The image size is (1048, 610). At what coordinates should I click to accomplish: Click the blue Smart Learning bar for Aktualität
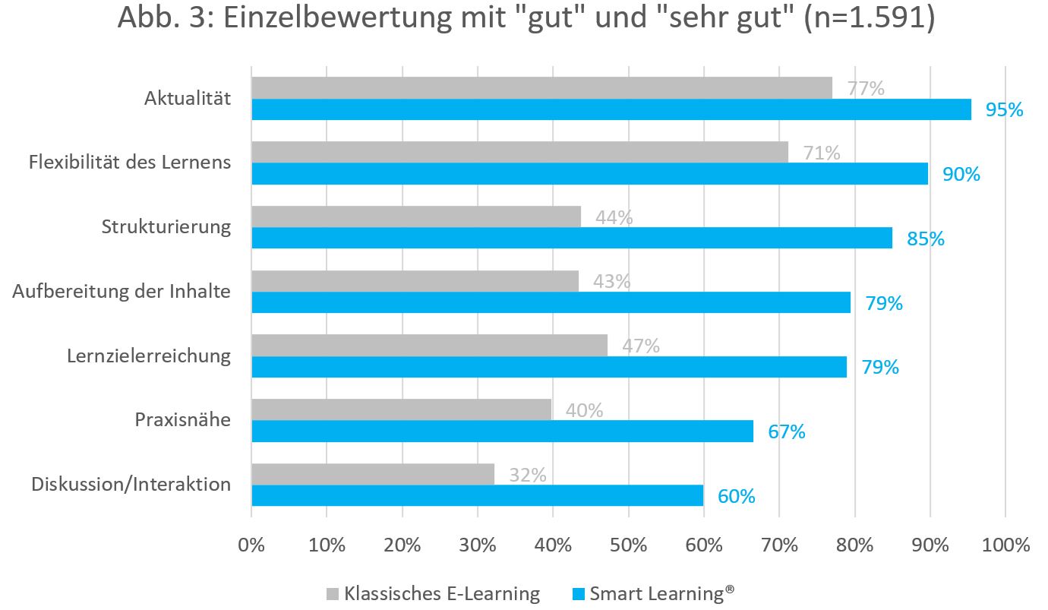coord(611,109)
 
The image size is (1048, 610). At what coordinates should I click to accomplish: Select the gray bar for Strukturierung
coord(416,217)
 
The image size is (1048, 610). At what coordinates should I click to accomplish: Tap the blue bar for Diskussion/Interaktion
coord(477,496)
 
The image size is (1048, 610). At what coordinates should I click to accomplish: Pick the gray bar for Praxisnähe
coord(401,409)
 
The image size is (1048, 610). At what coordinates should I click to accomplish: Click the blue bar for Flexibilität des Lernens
coord(589,174)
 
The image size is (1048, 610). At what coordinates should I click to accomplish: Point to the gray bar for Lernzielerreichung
coord(429,346)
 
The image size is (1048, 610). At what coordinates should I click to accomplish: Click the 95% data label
coord(1004,110)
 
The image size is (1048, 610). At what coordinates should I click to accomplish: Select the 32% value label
coord(528,475)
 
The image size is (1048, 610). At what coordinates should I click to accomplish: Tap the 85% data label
coord(925,239)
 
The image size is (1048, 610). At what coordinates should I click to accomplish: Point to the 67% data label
coord(786,432)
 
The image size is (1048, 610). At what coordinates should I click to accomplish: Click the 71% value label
coord(822,153)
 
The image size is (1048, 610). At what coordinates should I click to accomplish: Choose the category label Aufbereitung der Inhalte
coord(122,291)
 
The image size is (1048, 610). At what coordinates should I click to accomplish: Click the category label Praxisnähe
coord(182,419)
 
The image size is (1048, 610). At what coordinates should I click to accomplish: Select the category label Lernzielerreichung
coord(149,356)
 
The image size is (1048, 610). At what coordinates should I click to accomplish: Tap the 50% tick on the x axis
coord(629,545)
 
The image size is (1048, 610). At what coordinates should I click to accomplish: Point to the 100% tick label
coord(1005,545)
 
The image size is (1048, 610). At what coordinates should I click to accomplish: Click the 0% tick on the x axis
coord(251,545)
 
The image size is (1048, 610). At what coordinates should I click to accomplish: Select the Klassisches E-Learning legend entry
coord(433,593)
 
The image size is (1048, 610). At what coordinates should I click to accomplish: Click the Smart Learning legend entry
coord(653,593)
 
